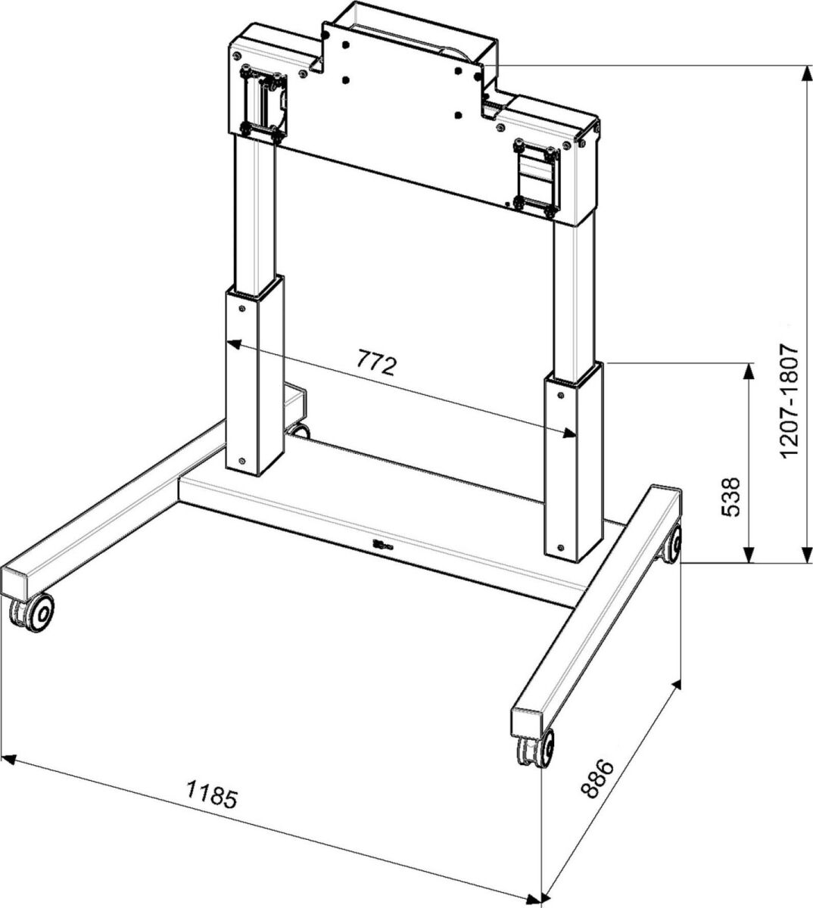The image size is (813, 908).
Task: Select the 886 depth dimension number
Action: point(597,779)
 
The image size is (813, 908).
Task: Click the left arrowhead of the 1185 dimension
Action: point(9,759)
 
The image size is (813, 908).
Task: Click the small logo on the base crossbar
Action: point(380,542)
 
